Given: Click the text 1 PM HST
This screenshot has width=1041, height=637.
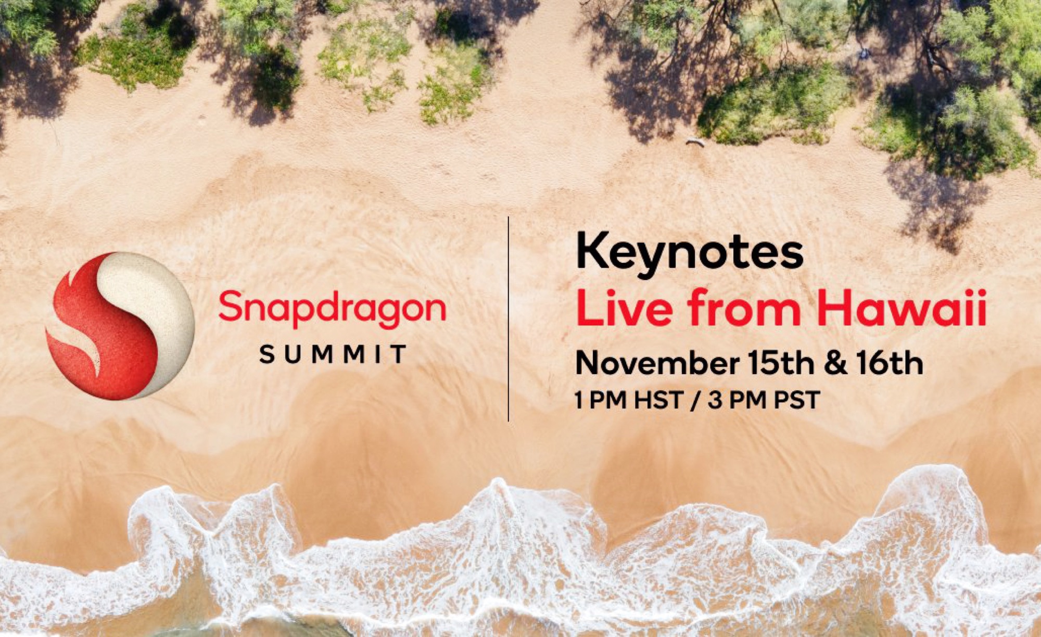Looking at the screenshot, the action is click(629, 400).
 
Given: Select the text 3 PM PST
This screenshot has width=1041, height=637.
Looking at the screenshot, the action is click(764, 400).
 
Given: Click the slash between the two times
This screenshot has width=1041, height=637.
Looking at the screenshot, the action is click(695, 401).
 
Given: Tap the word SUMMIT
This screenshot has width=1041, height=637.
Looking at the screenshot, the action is click(333, 354).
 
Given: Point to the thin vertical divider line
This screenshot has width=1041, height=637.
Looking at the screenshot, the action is click(509, 318).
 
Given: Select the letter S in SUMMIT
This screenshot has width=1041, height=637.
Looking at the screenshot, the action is click(266, 354).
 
